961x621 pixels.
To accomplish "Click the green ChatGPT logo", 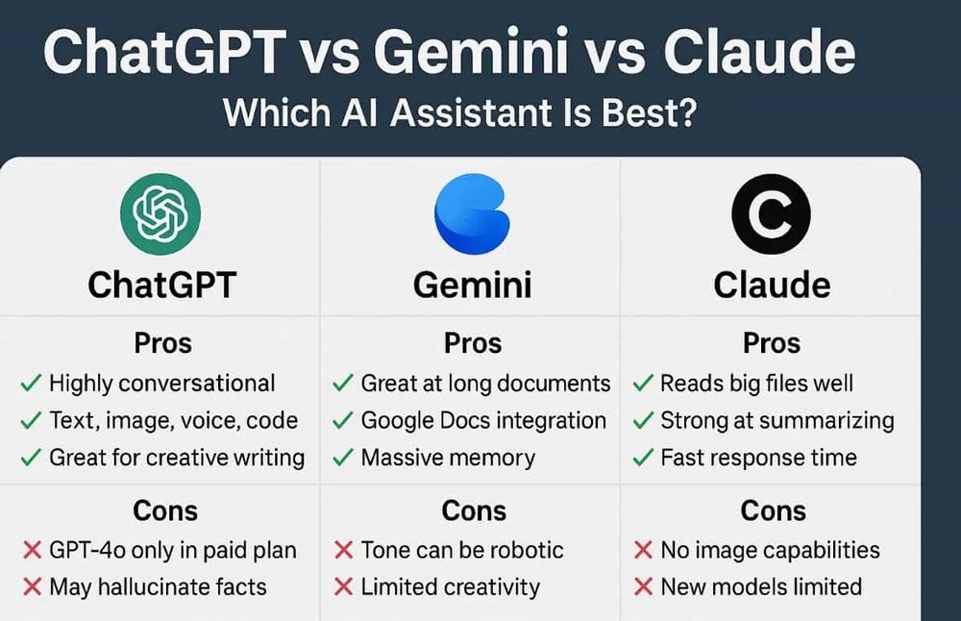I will pyautogui.click(x=160, y=213).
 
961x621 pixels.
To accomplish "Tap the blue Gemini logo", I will pyautogui.click(x=472, y=213).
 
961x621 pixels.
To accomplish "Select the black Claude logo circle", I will pyautogui.click(x=771, y=213).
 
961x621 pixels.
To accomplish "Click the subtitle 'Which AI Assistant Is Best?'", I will pyautogui.click(x=459, y=113).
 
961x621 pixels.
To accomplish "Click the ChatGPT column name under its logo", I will pyautogui.click(x=161, y=285).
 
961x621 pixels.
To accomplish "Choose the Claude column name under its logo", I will pyautogui.click(x=772, y=285).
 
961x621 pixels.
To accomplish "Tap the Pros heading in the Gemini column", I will pyautogui.click(x=473, y=343).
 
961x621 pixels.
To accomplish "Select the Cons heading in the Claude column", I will pyautogui.click(x=772, y=510).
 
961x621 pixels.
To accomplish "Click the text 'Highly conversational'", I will pyautogui.click(x=161, y=384).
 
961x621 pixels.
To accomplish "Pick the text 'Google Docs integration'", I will pyautogui.click(x=483, y=421).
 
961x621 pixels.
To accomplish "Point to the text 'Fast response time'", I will pyautogui.click(x=758, y=458).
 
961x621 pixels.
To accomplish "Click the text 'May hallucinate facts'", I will pyautogui.click(x=158, y=586).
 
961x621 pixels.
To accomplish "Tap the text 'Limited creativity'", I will pyautogui.click(x=450, y=586).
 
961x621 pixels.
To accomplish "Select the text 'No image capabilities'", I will pyautogui.click(x=770, y=550).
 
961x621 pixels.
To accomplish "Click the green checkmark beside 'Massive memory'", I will pyautogui.click(x=342, y=459).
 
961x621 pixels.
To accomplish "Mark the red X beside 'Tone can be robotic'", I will pyautogui.click(x=343, y=551).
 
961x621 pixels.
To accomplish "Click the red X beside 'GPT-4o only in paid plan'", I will pyautogui.click(x=31, y=551).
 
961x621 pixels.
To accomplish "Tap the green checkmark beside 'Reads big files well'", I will pyautogui.click(x=643, y=385).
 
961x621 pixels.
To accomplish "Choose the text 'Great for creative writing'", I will pyautogui.click(x=177, y=458).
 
